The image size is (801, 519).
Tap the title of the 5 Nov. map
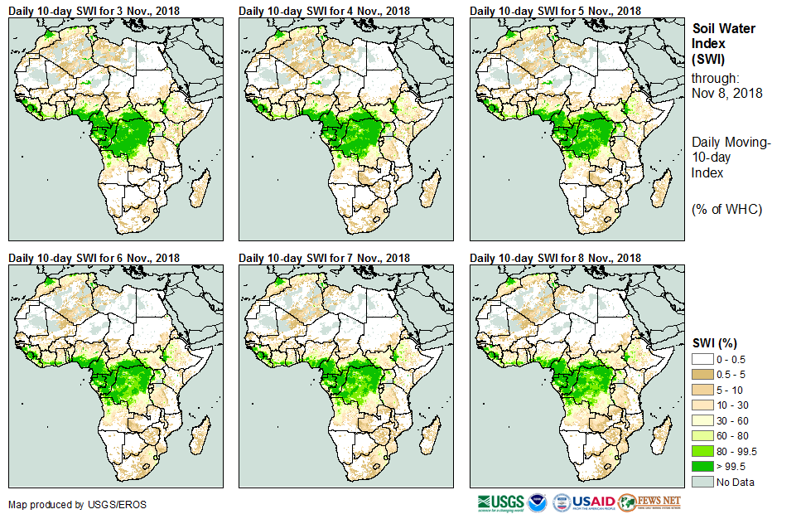(555, 11)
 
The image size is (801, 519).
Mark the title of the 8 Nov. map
(555, 259)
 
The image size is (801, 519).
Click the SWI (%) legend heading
(716, 343)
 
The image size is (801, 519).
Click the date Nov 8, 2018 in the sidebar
(726, 93)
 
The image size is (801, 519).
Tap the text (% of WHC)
(726, 209)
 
